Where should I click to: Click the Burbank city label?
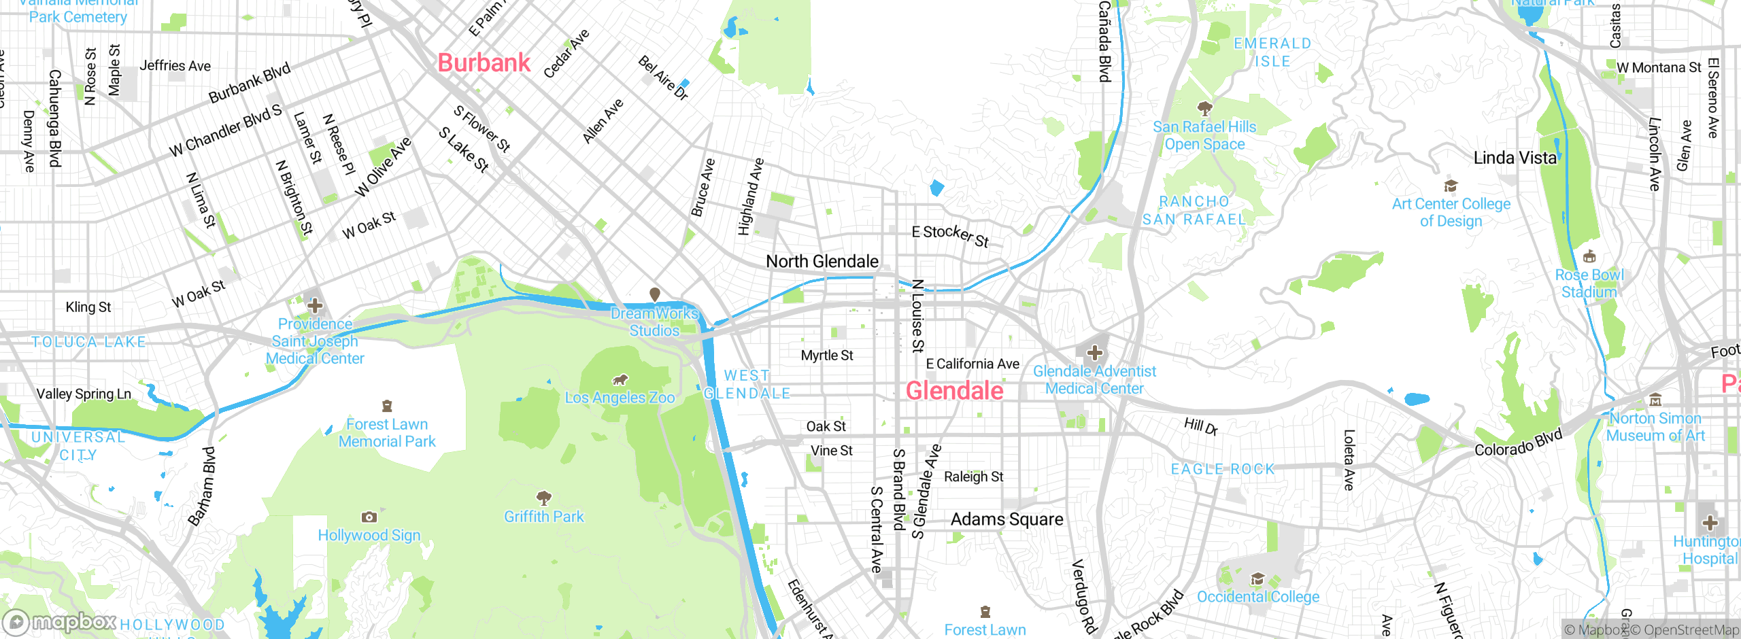tap(484, 63)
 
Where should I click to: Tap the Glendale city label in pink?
tap(954, 391)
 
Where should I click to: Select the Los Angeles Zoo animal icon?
tap(620, 379)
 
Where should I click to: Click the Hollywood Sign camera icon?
tap(369, 517)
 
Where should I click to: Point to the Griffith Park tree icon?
tap(543, 498)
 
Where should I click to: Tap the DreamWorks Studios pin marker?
tap(654, 294)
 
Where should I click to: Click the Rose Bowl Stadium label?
tap(1589, 283)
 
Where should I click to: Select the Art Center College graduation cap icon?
tap(1451, 186)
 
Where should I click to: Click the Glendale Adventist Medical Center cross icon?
tap(1094, 352)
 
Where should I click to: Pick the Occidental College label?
tap(1257, 597)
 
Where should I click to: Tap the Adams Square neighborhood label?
tap(1007, 519)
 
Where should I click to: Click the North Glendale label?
tap(822, 262)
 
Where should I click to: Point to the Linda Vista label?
tap(1515, 158)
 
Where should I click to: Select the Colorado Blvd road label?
tap(1518, 443)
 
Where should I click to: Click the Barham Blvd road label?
tap(202, 487)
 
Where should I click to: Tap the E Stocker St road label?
tap(950, 235)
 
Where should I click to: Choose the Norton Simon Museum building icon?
tap(1655, 400)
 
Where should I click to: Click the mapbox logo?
tap(60, 622)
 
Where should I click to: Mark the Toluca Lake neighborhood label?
tap(88, 342)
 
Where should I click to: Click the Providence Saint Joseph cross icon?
tap(314, 306)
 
